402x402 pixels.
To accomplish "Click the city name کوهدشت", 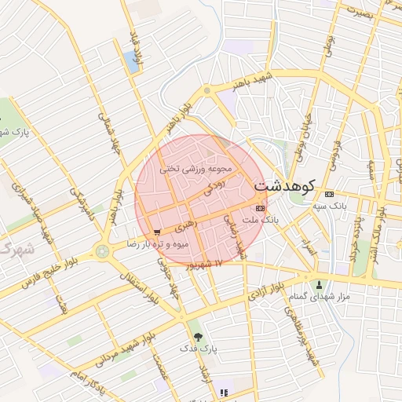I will pos(284,186).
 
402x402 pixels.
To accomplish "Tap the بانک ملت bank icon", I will pos(260,207).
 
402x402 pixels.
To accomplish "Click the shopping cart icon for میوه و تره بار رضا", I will pos(158,232).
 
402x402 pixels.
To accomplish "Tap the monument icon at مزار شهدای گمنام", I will pos(319,284).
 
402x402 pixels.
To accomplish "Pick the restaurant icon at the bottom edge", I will pos(224,393).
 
